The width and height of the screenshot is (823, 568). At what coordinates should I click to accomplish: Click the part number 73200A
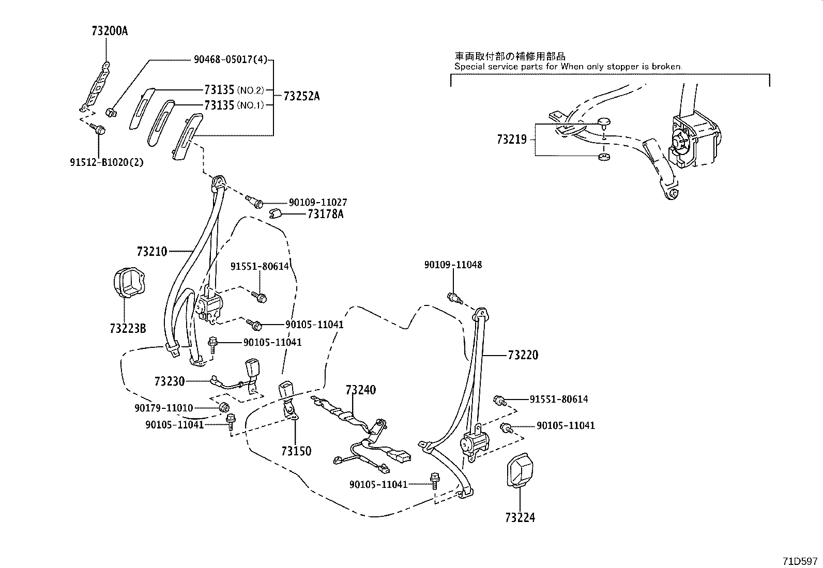point(109,31)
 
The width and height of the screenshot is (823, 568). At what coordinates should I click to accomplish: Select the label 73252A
point(301,96)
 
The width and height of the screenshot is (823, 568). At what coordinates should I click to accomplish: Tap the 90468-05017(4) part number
point(231,59)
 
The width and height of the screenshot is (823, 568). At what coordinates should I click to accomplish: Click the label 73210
point(152,252)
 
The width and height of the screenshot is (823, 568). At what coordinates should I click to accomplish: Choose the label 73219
point(512,140)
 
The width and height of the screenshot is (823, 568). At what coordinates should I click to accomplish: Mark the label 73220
point(523,355)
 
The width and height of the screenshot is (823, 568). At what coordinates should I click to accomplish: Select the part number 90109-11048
point(453,265)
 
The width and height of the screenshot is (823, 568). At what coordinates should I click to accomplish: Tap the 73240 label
point(361,390)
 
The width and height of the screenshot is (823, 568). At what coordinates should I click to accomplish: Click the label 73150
point(296,451)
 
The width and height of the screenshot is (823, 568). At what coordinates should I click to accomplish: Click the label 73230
point(169,381)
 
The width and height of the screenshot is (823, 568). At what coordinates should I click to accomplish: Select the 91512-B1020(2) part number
point(106,162)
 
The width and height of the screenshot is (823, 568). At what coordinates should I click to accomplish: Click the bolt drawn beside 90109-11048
point(453,298)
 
